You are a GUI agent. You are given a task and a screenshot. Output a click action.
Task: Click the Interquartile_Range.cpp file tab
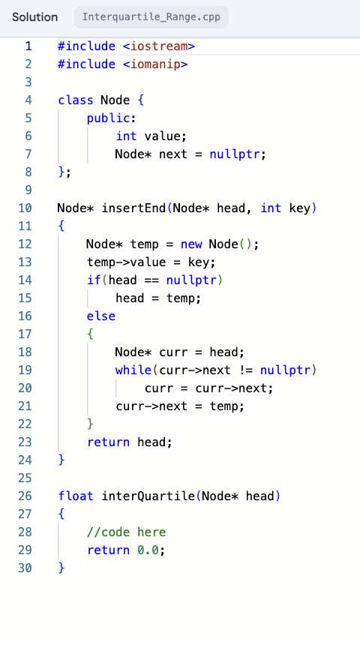click(x=151, y=16)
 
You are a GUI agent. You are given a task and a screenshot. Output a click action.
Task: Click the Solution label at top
click(x=34, y=16)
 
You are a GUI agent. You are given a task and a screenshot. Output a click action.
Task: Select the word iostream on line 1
click(x=158, y=46)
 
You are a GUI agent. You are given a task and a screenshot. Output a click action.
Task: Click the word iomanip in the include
click(x=155, y=64)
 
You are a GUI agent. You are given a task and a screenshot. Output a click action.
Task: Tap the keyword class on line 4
click(x=76, y=100)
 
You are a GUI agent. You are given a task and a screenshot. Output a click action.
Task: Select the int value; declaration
click(x=151, y=136)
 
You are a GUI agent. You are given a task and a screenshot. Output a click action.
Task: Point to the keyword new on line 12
click(x=191, y=244)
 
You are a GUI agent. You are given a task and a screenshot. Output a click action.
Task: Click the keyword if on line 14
click(x=93, y=280)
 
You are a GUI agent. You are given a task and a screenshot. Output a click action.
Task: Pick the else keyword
click(x=101, y=316)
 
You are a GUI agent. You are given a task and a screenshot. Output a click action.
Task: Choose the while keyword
click(x=133, y=370)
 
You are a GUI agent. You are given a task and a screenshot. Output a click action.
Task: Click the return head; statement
click(x=130, y=442)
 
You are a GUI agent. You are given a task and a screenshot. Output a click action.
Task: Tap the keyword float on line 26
click(x=76, y=496)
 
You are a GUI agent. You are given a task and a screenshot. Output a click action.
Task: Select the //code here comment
click(x=126, y=532)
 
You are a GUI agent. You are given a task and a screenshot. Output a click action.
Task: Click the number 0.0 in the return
click(x=148, y=550)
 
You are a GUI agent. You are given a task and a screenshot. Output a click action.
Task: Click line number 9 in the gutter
click(x=28, y=190)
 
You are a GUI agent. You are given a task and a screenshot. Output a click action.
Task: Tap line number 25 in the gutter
click(x=25, y=478)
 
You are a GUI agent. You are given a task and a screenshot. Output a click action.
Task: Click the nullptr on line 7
click(x=235, y=154)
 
